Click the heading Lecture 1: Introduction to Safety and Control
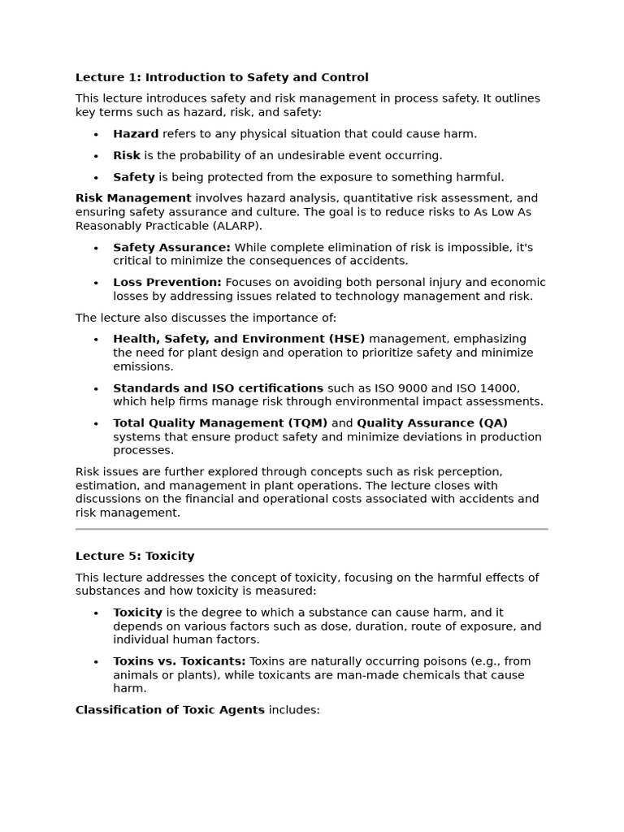tap(222, 77)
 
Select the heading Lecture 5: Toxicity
tap(135, 556)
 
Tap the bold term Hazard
tap(136, 134)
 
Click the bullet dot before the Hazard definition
tap(96, 135)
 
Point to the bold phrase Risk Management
tap(133, 197)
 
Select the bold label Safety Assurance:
tap(171, 247)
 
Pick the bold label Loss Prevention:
tap(167, 282)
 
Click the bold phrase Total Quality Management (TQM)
tap(220, 422)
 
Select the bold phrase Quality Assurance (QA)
tap(432, 422)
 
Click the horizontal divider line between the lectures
tap(312, 529)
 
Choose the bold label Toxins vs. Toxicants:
tap(179, 661)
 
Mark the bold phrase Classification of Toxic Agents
tap(170, 709)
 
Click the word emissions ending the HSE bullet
tap(143, 366)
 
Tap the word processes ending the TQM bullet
tap(143, 450)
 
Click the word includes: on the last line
tap(294, 709)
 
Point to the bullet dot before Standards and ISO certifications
tap(96, 388)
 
